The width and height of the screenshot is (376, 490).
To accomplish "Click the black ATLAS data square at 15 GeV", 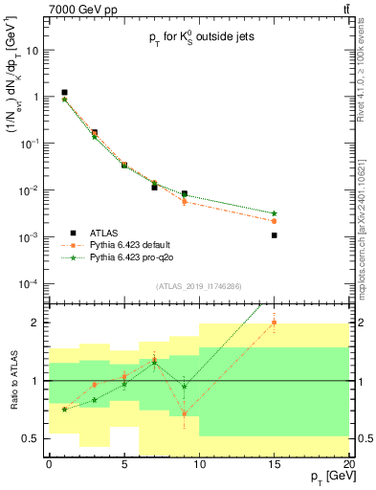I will [275, 234].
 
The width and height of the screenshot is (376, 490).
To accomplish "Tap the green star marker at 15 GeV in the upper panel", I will [275, 213].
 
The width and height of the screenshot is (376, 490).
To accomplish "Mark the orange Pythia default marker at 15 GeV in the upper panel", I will [275, 221].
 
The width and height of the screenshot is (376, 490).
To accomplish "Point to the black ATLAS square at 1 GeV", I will [64, 92].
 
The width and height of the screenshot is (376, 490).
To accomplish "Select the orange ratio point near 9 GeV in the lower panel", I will [185, 413].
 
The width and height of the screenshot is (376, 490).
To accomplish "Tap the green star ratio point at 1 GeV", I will [64, 409].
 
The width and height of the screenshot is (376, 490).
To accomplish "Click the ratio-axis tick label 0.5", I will [33, 438].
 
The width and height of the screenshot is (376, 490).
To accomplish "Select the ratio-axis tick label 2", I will [36, 323].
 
